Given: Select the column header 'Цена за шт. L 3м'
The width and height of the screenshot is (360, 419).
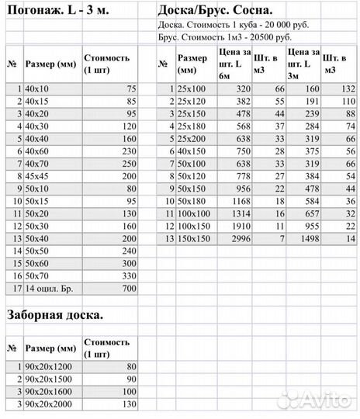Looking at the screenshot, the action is (302, 64).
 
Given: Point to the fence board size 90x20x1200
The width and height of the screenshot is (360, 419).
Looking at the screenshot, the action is (49, 366).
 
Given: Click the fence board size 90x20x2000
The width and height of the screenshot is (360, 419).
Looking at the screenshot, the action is (49, 403).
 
